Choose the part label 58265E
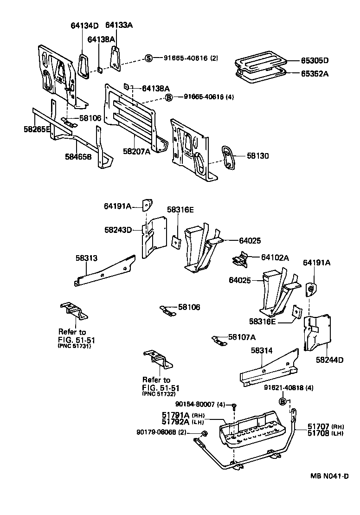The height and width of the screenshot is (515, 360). (37, 129)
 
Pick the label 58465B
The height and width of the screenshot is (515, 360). (78, 156)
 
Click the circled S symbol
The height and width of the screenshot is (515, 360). (149, 58)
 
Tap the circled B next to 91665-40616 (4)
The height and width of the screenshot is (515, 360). (169, 97)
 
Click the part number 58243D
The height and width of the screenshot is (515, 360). (118, 229)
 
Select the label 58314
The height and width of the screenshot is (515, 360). (262, 352)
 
